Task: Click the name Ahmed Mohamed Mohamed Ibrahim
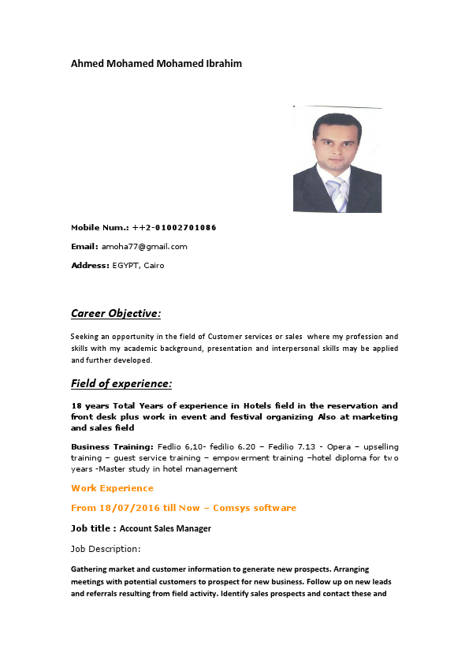tap(156, 63)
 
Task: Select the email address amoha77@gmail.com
tap(144, 246)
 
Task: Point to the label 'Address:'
tap(90, 265)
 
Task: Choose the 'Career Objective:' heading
tap(116, 313)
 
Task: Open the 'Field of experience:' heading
tap(121, 383)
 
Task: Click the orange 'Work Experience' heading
tap(112, 488)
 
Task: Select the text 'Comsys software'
tap(255, 508)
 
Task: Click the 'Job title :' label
tap(93, 528)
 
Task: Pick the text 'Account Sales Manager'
tap(166, 528)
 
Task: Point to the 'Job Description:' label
tap(106, 548)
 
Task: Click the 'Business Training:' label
tap(112, 446)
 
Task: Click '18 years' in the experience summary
tap(87, 405)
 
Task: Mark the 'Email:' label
tap(84, 246)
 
